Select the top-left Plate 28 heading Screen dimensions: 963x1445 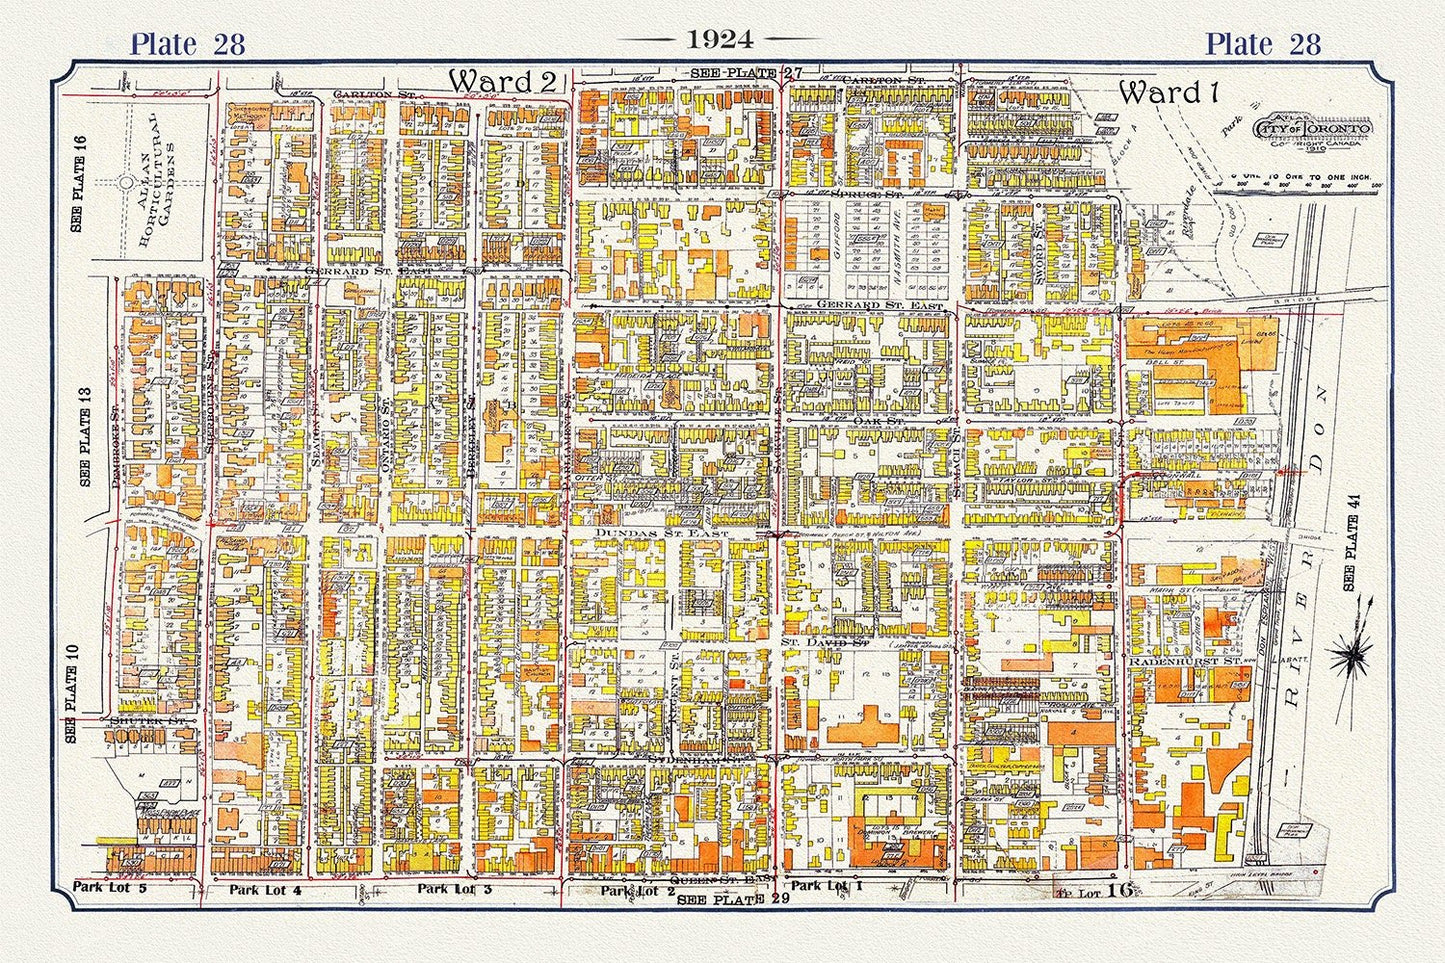pos(188,44)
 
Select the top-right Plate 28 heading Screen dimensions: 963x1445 pos(1262,44)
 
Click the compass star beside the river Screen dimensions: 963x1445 pos(1357,655)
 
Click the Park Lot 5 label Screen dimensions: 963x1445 pos(110,887)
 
